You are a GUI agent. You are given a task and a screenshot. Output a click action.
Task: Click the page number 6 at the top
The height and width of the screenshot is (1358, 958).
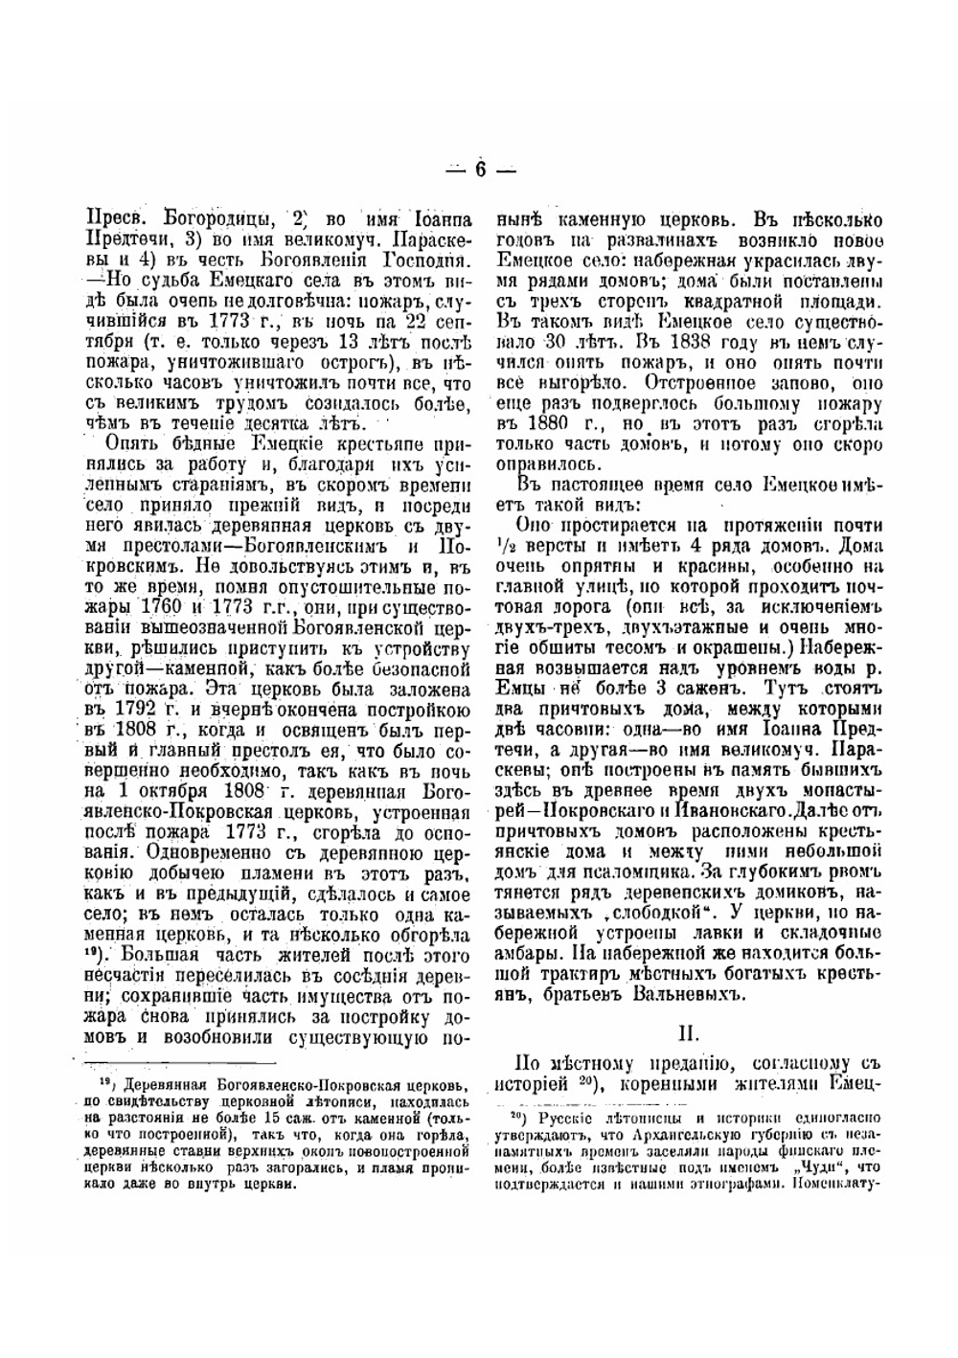point(478,170)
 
